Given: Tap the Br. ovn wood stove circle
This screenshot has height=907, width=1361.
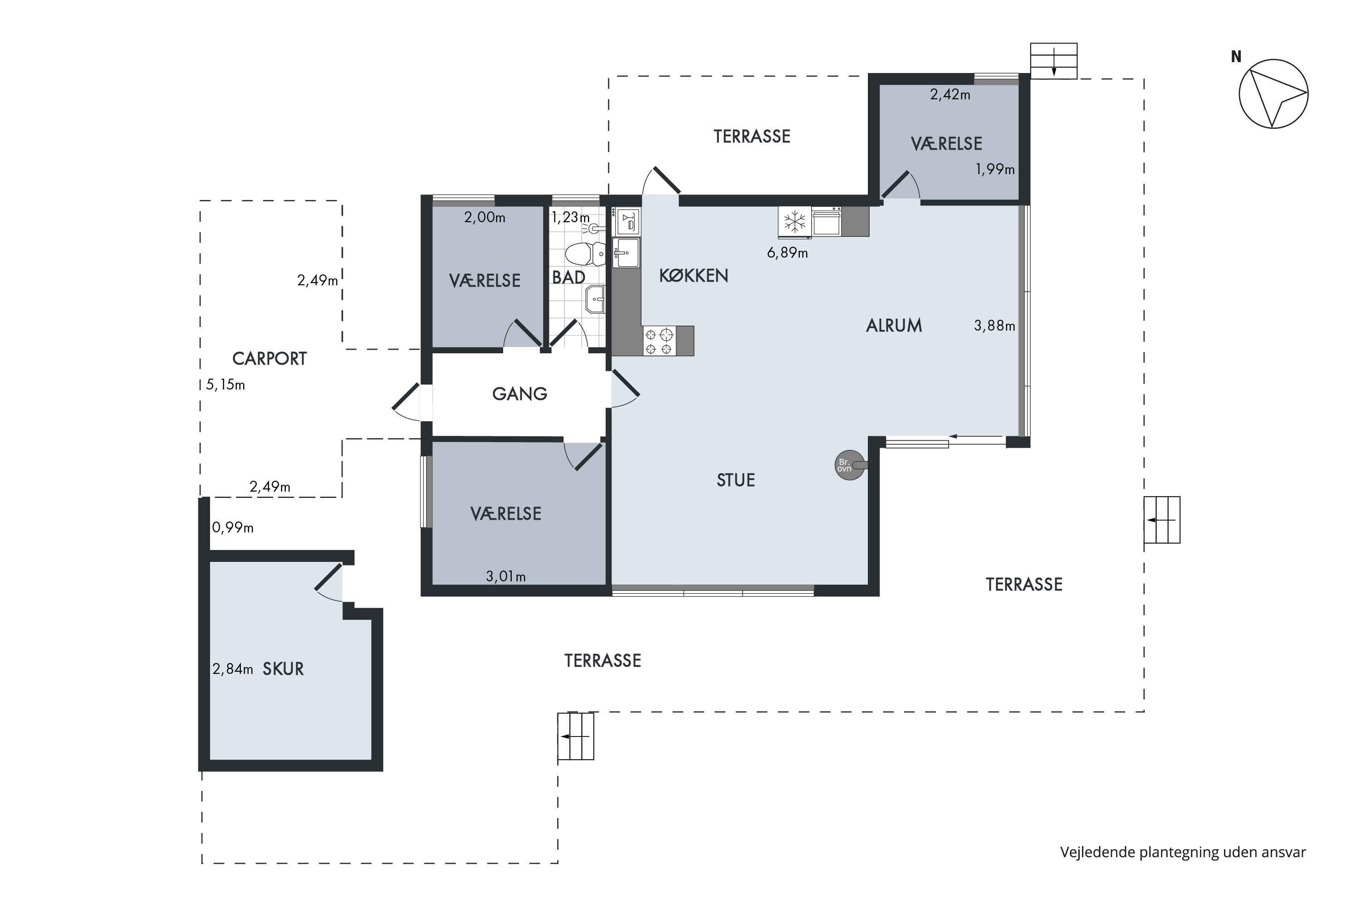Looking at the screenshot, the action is click(849, 465).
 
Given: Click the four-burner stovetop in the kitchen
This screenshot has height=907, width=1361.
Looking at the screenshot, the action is click(659, 341).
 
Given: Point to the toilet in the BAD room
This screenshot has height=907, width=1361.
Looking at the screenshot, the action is click(585, 254).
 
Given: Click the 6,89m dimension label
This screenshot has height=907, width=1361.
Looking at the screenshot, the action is click(787, 253).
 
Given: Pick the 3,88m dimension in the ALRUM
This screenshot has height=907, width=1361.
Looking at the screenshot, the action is click(994, 326).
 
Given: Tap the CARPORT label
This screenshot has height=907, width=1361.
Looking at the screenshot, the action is click(269, 359).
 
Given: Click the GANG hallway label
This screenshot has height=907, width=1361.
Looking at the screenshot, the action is click(519, 394).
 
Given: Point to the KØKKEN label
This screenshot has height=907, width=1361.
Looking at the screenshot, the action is click(693, 275).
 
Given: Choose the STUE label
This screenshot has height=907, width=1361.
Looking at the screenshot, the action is click(735, 480).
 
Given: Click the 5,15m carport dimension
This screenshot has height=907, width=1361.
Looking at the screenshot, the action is click(225, 385).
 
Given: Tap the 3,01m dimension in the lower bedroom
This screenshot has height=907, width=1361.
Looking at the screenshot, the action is click(506, 576).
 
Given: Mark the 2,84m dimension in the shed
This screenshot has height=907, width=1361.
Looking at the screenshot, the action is click(233, 669).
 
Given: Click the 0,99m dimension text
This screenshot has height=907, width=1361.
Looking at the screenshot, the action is click(233, 527).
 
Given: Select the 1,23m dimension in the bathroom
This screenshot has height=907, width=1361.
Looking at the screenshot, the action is click(571, 218).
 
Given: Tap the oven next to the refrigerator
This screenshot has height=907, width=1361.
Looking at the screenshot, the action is click(826, 222).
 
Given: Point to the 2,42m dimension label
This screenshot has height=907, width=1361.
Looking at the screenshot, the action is click(950, 94).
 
